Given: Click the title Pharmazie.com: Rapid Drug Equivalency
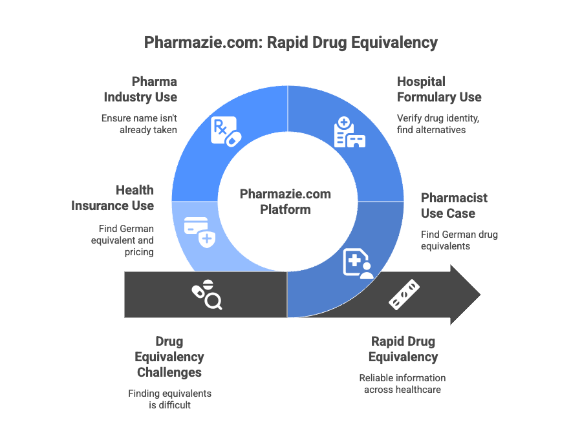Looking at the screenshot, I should click(x=291, y=43).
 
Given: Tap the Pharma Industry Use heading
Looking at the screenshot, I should click(x=141, y=89).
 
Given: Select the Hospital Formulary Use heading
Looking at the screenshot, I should click(x=439, y=89).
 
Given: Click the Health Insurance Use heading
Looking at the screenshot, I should click(x=113, y=198).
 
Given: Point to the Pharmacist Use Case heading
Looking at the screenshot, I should click(x=454, y=205).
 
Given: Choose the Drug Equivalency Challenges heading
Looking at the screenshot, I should click(x=169, y=357).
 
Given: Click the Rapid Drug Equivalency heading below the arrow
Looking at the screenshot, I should click(x=403, y=349).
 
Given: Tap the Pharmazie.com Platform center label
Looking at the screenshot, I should click(x=285, y=202).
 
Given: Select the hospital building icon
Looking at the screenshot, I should click(x=349, y=132).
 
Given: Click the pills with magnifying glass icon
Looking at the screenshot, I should click(x=206, y=295).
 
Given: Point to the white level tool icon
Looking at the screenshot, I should click(x=404, y=295).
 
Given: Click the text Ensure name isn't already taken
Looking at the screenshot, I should click(x=140, y=124).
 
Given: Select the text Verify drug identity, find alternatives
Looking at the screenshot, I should click(x=438, y=124).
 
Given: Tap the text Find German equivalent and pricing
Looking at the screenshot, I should click(x=126, y=240).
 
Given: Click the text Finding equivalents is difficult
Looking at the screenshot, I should click(x=169, y=399).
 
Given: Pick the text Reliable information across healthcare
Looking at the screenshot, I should click(x=402, y=383).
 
